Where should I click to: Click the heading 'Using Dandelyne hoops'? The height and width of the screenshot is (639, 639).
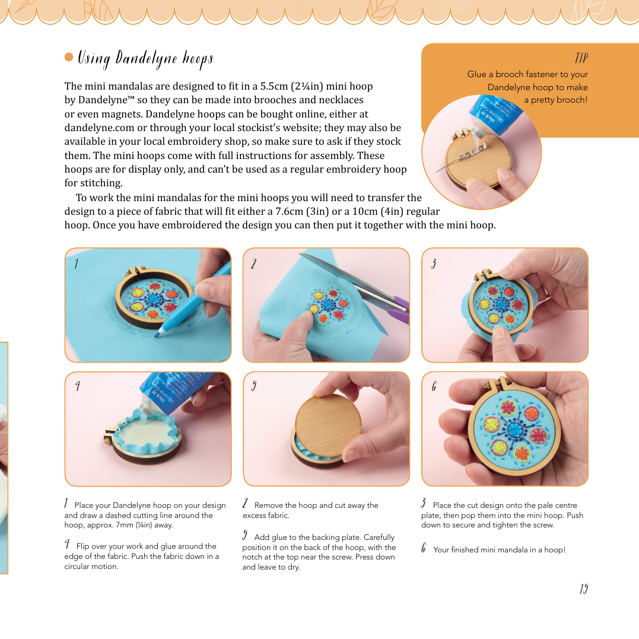pyautogui.click(x=145, y=58)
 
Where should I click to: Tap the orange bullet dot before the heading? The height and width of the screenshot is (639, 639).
pyautogui.click(x=69, y=58)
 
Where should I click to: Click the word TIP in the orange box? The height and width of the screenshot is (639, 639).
pyautogui.click(x=581, y=58)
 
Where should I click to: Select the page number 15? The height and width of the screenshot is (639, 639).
pyautogui.click(x=584, y=589)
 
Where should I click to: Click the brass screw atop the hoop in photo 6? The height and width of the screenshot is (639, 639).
pyautogui.click(x=504, y=380)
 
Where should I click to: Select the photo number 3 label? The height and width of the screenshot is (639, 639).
pyautogui.click(x=434, y=264)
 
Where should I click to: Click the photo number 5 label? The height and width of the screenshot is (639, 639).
pyautogui.click(x=254, y=387)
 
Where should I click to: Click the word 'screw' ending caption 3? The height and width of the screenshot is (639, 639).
pyautogui.click(x=543, y=525)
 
